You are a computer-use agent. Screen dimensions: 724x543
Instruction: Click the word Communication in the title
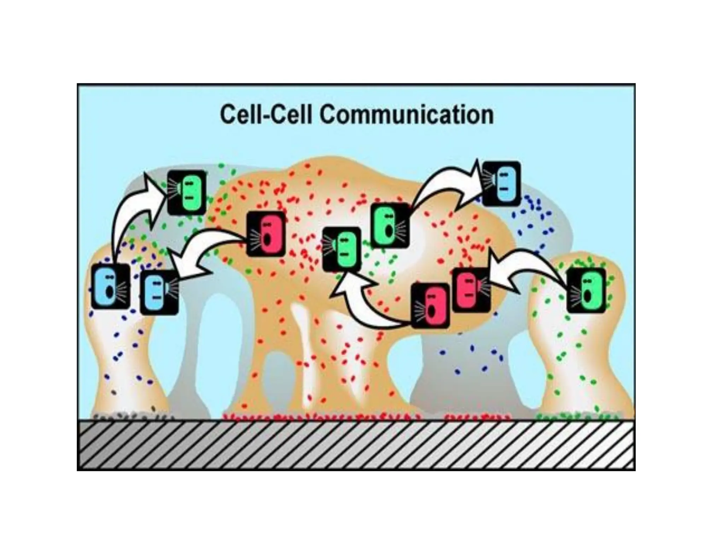(x=406, y=115)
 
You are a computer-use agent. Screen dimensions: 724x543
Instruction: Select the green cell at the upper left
(x=187, y=192)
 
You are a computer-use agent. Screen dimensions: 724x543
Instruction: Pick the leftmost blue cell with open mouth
(x=110, y=286)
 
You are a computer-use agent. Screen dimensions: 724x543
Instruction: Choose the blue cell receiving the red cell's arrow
(x=159, y=292)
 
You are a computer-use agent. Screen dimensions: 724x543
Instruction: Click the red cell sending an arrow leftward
(x=265, y=234)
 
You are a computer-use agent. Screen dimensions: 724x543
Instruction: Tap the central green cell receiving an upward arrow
(x=342, y=249)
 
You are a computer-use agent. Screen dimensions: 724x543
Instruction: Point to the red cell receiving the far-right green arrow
(x=471, y=290)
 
